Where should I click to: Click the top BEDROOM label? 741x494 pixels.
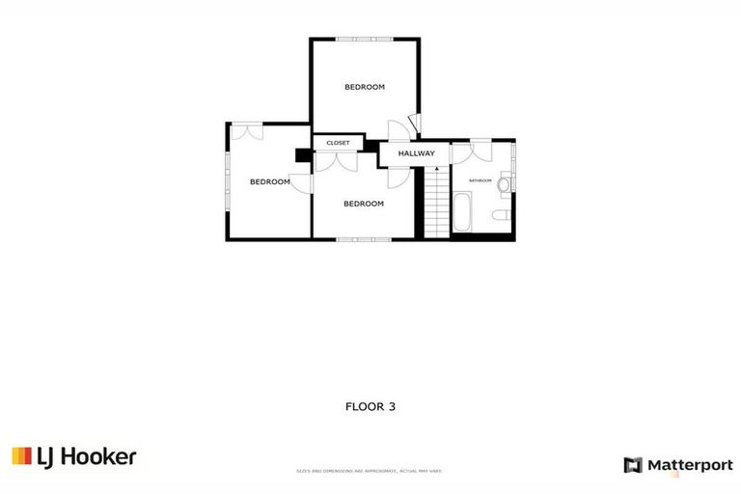(365, 87)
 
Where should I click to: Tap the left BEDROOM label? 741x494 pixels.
(269, 181)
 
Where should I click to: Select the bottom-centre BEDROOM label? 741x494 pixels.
(364, 204)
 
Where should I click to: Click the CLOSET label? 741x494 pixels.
(338, 143)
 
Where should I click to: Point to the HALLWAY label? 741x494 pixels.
(417, 153)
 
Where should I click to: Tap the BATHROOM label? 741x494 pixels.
(480, 180)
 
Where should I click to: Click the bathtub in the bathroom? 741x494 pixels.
(461, 212)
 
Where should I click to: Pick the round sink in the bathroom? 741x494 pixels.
(505, 182)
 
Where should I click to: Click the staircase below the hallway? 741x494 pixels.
(436, 203)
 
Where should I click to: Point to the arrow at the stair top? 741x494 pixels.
(436, 170)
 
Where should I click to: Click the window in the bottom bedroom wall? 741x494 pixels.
(364, 238)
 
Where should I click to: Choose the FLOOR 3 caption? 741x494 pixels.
(370, 406)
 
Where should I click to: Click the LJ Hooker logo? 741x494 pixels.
(74, 456)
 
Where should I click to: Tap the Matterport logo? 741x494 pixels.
(678, 465)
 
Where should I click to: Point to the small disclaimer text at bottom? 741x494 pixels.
(370, 471)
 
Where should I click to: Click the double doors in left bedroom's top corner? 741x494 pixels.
(246, 131)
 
